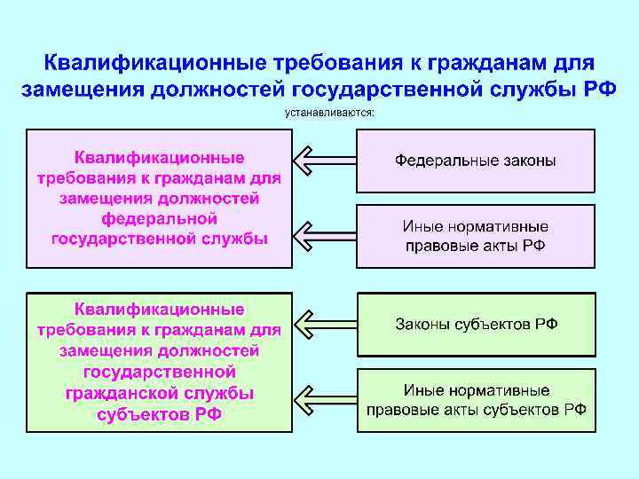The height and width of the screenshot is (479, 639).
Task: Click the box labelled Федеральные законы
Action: [x=475, y=161]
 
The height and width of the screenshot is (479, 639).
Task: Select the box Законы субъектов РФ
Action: [x=475, y=324]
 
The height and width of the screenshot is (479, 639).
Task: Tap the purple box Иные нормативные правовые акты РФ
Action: [x=475, y=237]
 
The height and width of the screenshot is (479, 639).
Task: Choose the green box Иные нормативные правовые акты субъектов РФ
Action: [x=475, y=399]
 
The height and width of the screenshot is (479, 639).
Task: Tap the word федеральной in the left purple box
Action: [x=160, y=217]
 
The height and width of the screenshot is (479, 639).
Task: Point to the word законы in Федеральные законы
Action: [x=526, y=161]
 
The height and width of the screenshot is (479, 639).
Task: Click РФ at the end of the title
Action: [x=599, y=90]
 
